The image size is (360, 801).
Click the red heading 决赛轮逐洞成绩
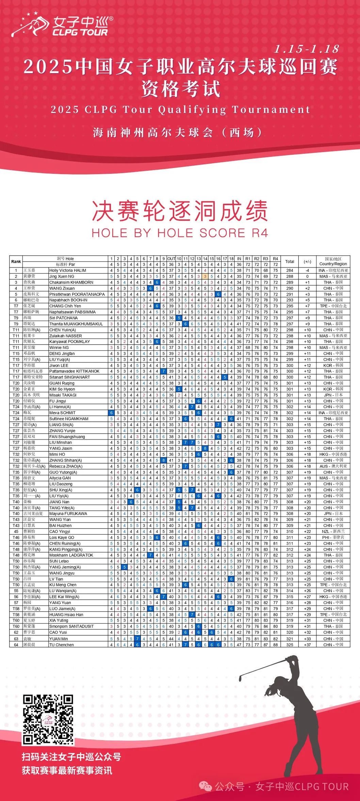(180, 211)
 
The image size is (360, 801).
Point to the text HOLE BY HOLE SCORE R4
(180, 233)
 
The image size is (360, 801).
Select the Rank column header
(16, 262)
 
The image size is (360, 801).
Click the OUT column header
(171, 259)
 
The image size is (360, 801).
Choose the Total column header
(290, 262)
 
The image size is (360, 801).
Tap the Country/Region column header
(333, 262)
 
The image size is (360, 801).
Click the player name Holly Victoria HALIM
(68, 270)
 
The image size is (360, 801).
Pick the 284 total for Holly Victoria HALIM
(290, 270)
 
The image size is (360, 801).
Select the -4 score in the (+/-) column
(307, 270)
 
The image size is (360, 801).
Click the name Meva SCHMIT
(62, 413)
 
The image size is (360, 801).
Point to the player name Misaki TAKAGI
(63, 395)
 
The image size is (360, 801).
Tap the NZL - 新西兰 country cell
(333, 531)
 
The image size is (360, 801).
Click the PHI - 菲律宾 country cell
(333, 537)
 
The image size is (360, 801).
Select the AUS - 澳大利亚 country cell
(333, 466)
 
